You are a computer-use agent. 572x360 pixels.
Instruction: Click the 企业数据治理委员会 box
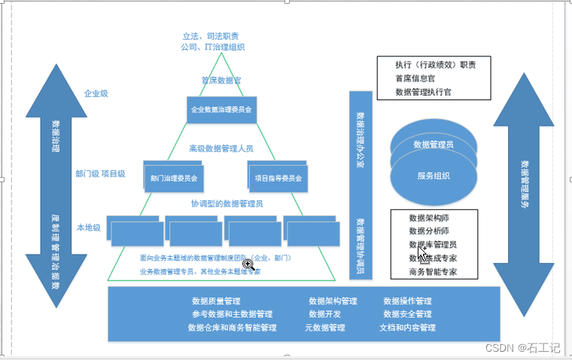pyautogui.click(x=221, y=110)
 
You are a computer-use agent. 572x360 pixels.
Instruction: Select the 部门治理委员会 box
pyautogui.click(x=174, y=179)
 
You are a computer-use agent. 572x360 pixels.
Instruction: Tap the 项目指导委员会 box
pyautogui.click(x=278, y=178)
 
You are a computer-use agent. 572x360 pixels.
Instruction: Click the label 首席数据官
pyautogui.click(x=221, y=80)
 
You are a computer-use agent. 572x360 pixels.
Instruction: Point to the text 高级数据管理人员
pyautogui.click(x=221, y=148)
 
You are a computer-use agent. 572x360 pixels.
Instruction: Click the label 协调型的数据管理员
pyautogui.click(x=226, y=203)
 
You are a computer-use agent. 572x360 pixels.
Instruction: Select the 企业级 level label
pyautogui.click(x=96, y=95)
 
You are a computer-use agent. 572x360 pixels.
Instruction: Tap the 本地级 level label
pyautogui.click(x=88, y=227)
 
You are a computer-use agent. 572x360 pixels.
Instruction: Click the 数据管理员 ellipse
pyautogui.click(x=434, y=144)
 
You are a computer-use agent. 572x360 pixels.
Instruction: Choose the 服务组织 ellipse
pyautogui.click(x=434, y=176)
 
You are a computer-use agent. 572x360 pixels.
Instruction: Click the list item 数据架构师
pyautogui.click(x=430, y=218)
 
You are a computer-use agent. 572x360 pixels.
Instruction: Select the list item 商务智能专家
pyautogui.click(x=433, y=272)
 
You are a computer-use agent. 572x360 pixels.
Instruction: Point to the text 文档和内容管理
pyautogui.click(x=407, y=328)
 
